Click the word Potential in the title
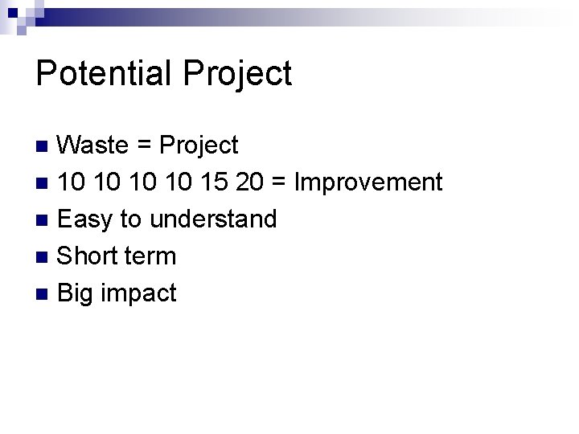(x=104, y=74)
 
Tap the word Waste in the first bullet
(x=93, y=145)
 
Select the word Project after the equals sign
(x=199, y=145)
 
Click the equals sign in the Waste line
(x=145, y=146)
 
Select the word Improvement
(x=369, y=182)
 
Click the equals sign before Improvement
(x=282, y=183)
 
